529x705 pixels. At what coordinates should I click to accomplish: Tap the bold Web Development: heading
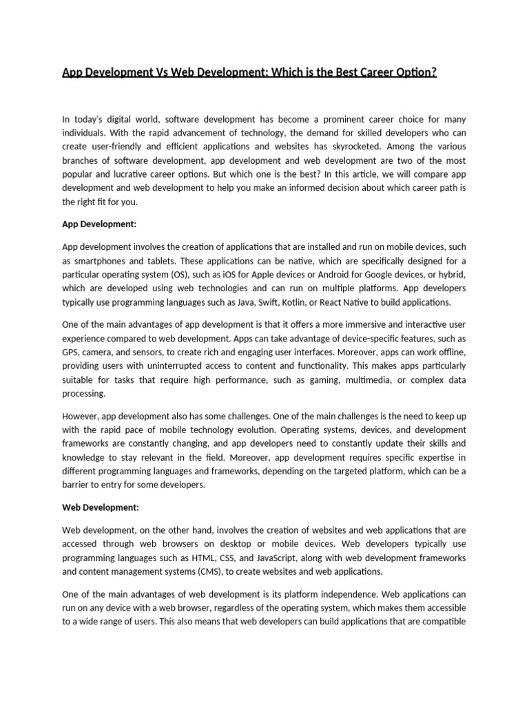coord(101,507)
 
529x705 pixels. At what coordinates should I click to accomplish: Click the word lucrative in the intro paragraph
coord(130,174)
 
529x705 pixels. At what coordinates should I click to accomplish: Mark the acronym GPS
coord(71,352)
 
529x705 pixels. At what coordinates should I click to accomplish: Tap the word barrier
coord(76,485)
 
